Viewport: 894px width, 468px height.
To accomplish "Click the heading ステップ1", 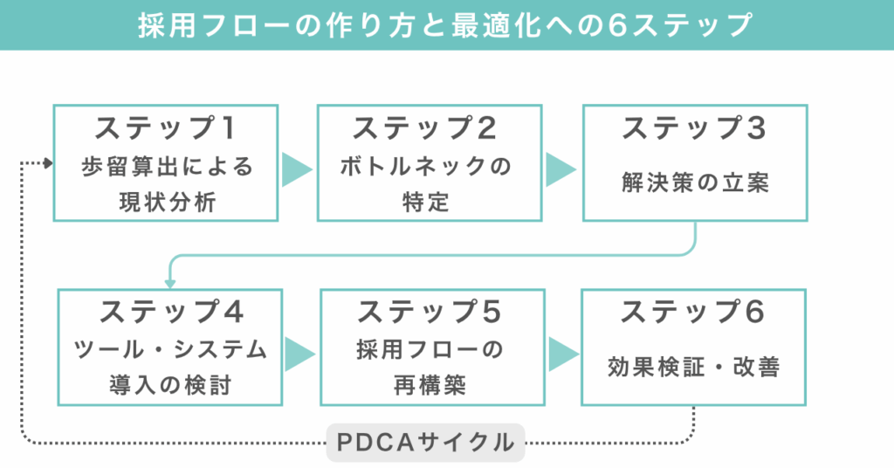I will coord(165,128).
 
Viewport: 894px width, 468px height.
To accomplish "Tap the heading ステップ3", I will coord(694,128).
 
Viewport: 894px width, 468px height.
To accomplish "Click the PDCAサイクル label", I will coord(425,443).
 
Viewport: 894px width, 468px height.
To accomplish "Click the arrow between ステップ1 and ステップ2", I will coord(297,169).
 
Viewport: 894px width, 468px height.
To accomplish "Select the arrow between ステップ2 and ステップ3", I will coord(560,169).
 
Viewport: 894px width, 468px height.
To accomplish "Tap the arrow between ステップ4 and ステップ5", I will coord(299,354).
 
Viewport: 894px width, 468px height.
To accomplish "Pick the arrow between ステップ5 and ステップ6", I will coord(563,354).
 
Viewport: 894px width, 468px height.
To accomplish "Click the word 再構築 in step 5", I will coord(430,385).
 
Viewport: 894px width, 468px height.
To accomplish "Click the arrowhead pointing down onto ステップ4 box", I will coord(170,283).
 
